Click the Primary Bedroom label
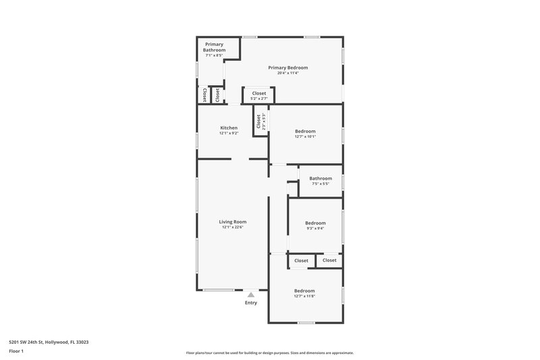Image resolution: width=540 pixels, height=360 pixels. (288, 68)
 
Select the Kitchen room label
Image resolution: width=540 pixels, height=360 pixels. (229, 128)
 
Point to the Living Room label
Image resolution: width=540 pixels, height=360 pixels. (232, 222)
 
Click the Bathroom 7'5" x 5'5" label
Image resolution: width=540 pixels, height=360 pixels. (321, 178)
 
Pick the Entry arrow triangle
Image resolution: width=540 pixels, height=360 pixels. (251, 294)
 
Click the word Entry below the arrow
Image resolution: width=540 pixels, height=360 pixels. (251, 303)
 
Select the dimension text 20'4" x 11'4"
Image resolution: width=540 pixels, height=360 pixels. (288, 73)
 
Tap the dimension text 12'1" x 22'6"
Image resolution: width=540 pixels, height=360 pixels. (232, 228)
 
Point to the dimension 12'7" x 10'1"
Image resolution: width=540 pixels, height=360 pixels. (305, 136)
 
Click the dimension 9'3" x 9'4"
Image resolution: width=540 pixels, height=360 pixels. (315, 228)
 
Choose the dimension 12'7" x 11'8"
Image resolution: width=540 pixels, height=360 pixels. (304, 296)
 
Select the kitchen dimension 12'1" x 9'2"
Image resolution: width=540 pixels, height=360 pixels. (229, 133)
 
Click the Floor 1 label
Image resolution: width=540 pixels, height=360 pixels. (17, 352)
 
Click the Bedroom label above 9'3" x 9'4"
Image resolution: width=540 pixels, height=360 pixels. (315, 223)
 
